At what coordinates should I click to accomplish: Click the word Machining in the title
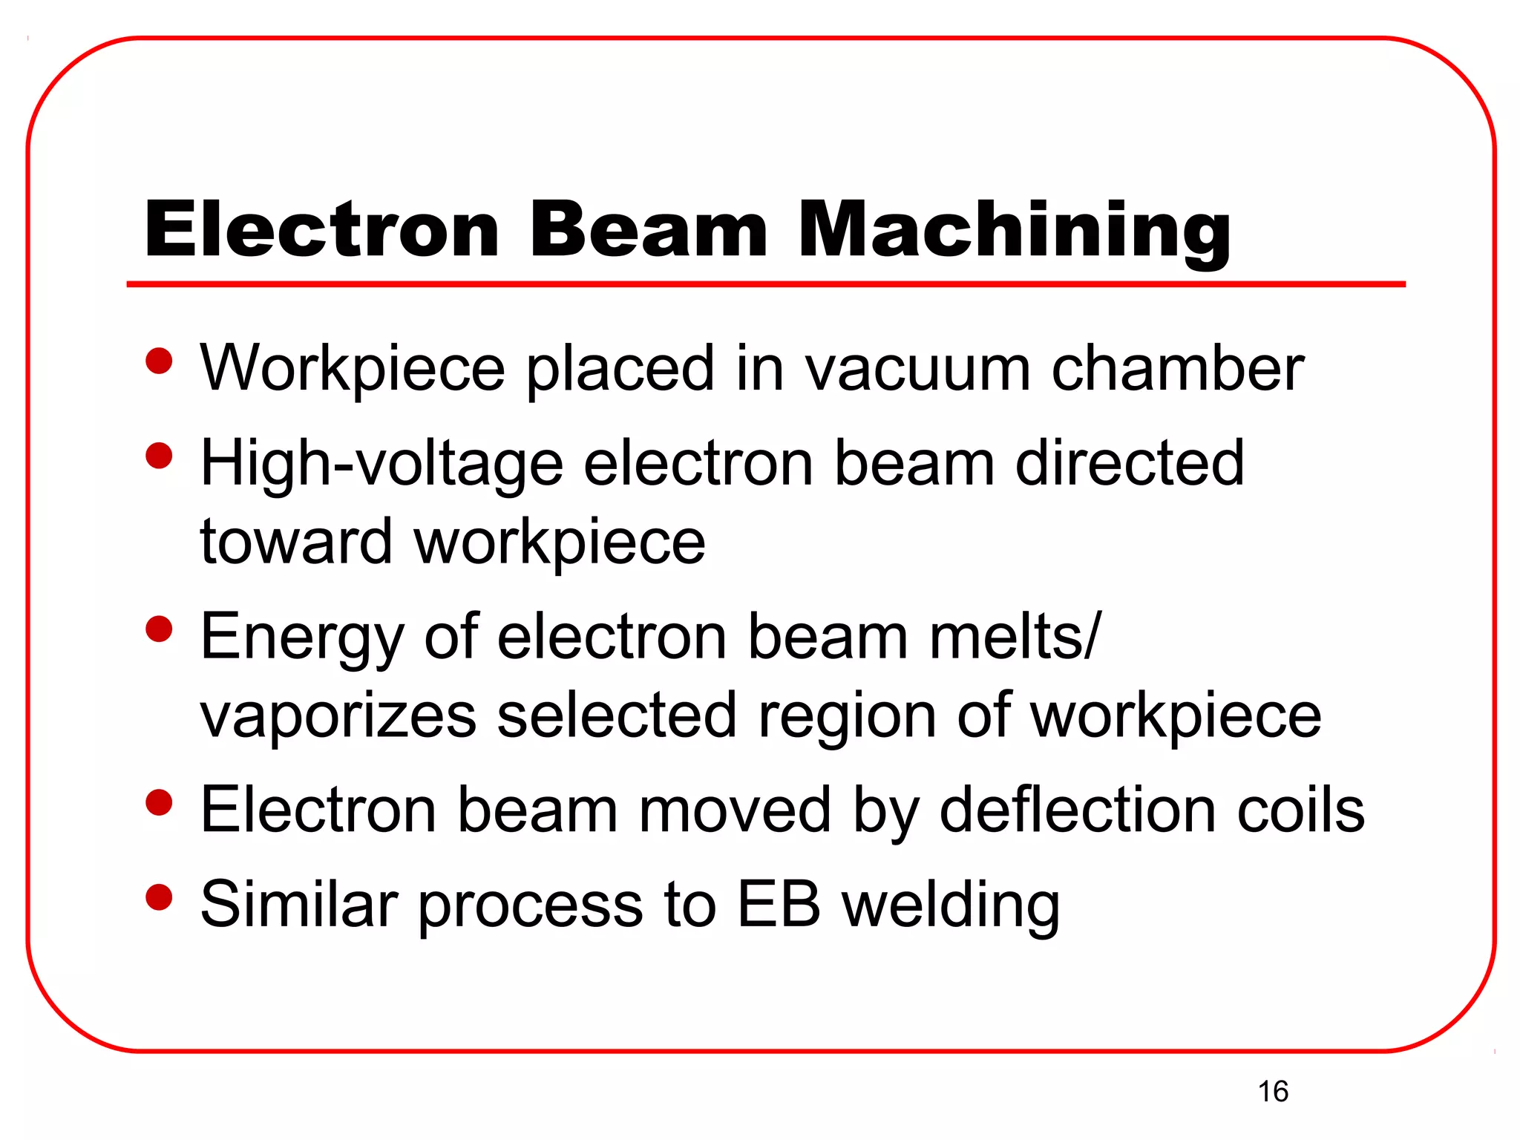click(1014, 230)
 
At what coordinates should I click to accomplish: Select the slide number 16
click(1273, 1092)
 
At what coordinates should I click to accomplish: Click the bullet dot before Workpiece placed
click(159, 362)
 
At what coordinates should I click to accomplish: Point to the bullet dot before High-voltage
click(159, 456)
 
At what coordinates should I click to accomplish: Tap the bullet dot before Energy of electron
click(159, 630)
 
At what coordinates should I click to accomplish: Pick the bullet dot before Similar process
click(159, 897)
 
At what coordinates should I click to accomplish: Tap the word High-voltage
click(381, 464)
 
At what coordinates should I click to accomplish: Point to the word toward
click(296, 542)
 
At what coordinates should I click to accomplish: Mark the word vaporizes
click(338, 716)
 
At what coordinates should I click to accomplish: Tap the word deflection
click(1077, 810)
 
